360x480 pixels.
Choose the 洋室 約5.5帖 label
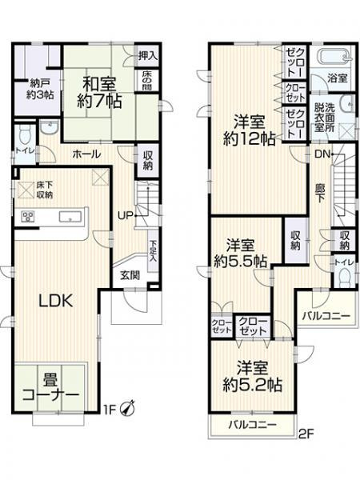241,253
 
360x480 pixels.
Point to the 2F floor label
305,437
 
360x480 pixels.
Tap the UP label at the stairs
126,214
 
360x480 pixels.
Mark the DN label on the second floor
321,154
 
